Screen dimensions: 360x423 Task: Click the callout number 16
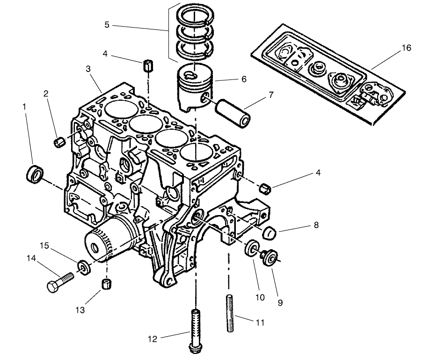[406, 48]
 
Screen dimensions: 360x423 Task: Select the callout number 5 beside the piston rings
[107, 25]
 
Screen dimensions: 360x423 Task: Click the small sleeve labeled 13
[108, 283]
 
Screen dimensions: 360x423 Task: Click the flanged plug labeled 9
[270, 257]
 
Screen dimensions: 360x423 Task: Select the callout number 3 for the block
[88, 69]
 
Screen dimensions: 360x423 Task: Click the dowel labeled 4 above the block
[148, 65]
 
